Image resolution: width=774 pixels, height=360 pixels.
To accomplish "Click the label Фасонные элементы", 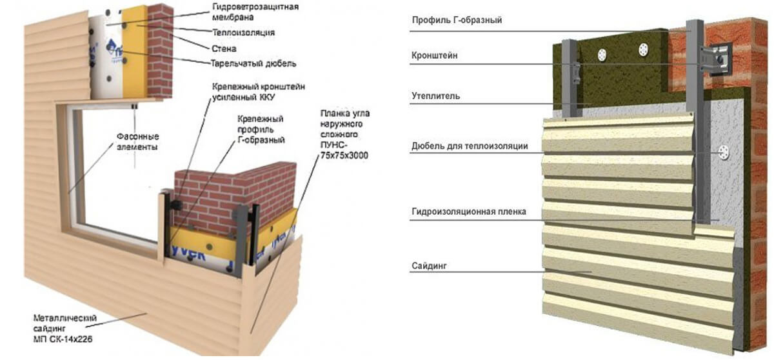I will (137, 141).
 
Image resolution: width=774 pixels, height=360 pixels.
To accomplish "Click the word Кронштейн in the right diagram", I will (435, 56).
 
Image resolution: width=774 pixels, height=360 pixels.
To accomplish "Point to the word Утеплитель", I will (435, 96).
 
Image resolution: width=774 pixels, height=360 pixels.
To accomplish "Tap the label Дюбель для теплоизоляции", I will (470, 146).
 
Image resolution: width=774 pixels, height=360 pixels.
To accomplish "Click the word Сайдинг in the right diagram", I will (430, 266).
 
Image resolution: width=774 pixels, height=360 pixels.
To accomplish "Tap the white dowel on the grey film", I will (724, 154).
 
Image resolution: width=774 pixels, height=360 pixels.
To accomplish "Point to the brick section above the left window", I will (161, 48).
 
